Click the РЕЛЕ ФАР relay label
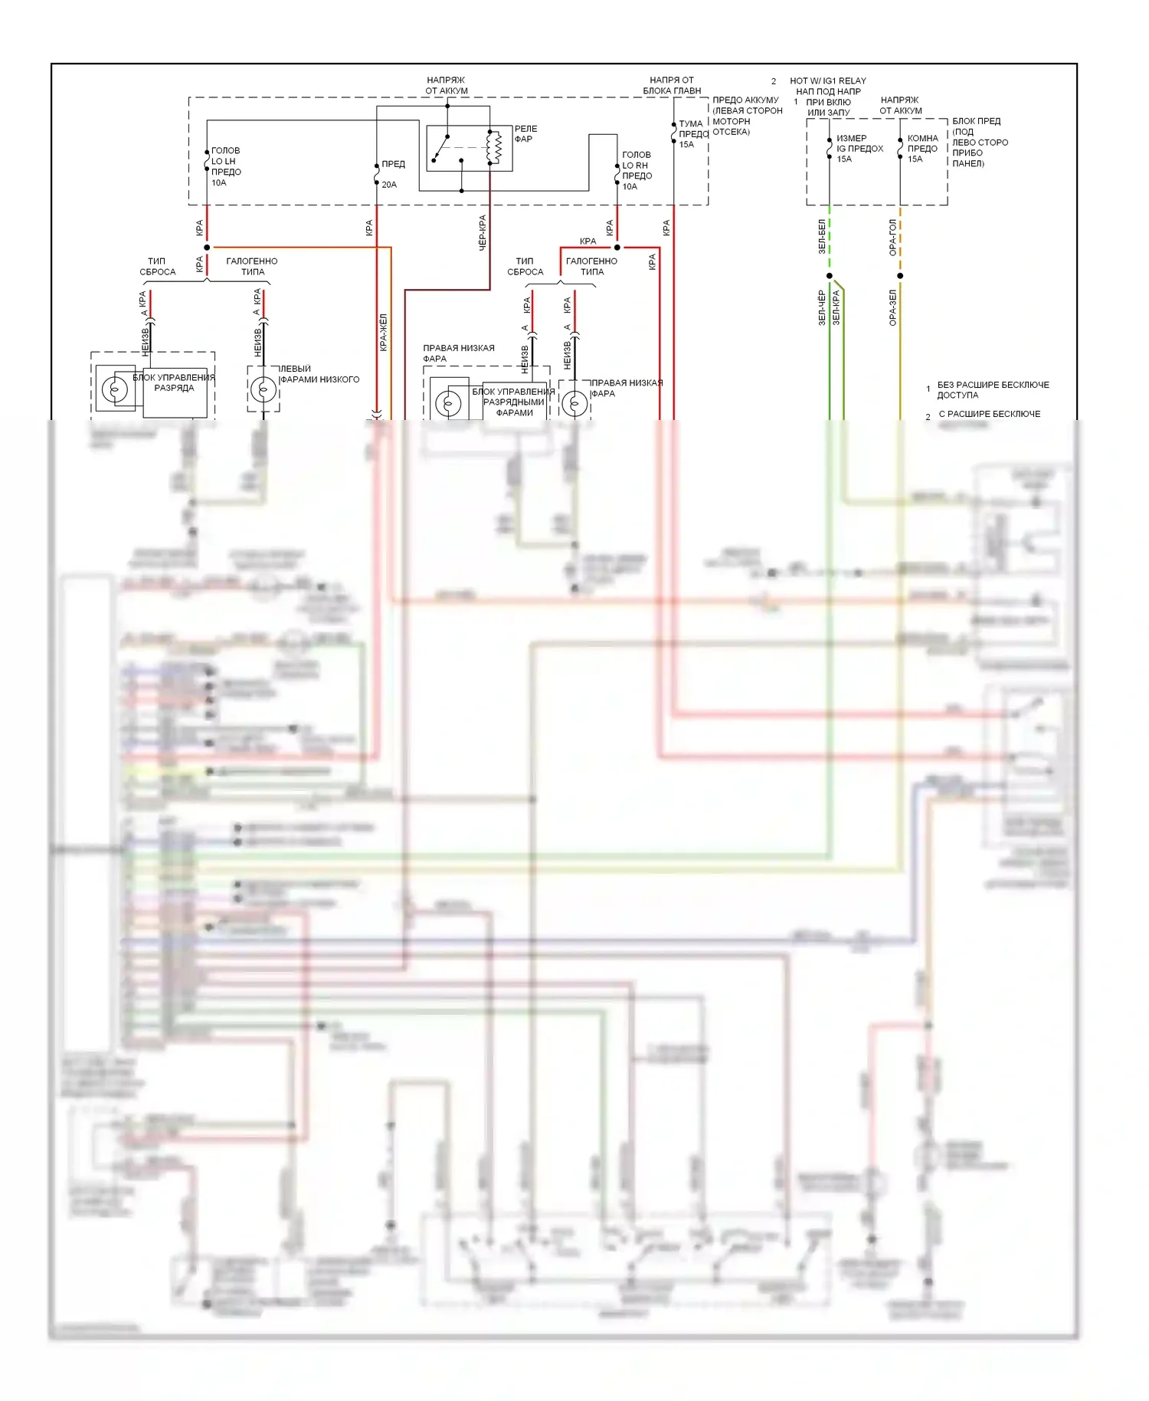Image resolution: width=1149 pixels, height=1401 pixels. pyautogui.click(x=525, y=133)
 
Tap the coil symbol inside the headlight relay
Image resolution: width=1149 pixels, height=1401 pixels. pyautogui.click(x=495, y=147)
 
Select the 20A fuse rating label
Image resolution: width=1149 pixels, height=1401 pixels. pyautogui.click(x=389, y=185)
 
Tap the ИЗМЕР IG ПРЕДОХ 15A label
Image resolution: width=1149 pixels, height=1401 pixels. pyautogui.click(x=859, y=149)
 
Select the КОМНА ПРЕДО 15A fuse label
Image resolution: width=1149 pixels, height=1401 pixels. pyautogui.click(x=922, y=149)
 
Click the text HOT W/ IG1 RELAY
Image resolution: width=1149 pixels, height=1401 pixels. pyautogui.click(x=827, y=80)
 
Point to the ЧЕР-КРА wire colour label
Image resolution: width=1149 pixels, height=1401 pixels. pyautogui.click(x=483, y=232)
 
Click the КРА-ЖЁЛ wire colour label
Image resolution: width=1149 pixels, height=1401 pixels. pyautogui.click(x=384, y=332)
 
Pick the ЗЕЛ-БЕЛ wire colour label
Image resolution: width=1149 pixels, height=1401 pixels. pyautogui.click(x=822, y=236)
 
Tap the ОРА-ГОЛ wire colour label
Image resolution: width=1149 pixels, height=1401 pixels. pyautogui.click(x=892, y=237)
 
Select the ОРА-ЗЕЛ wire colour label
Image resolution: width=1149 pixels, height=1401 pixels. pyautogui.click(x=892, y=307)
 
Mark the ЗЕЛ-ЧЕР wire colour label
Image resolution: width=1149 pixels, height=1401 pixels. pyautogui.click(x=822, y=307)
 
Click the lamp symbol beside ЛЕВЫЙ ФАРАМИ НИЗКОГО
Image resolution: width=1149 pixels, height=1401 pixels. pyautogui.click(x=264, y=389)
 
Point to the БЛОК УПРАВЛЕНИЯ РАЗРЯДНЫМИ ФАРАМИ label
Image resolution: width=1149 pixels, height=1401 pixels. pyautogui.click(x=514, y=402)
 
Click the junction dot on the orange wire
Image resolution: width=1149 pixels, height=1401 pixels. pyautogui.click(x=900, y=276)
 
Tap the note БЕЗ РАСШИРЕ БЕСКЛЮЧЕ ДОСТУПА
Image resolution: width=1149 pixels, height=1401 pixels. pyautogui.click(x=992, y=389)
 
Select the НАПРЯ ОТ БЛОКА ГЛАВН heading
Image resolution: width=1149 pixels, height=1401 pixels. pyautogui.click(x=672, y=85)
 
